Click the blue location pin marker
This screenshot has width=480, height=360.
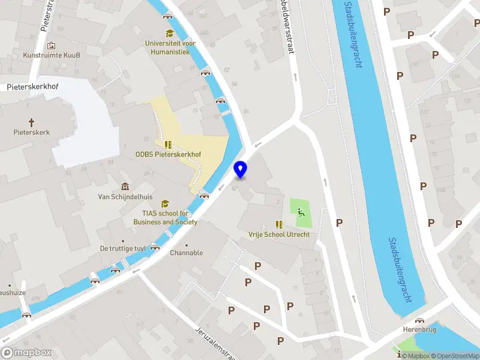tap(241, 170)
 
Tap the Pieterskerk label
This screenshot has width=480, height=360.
tap(32, 132)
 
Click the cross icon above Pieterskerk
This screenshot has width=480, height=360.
tap(32, 121)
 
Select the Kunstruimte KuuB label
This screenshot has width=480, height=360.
tap(51, 55)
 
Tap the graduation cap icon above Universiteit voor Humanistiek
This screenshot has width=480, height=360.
tap(169, 34)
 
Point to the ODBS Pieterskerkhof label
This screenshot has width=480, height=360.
tap(168, 154)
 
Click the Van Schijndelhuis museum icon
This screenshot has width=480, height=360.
tap(125, 187)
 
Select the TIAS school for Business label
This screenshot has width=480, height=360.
tap(166, 217)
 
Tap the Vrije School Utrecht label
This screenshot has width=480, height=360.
tap(279, 234)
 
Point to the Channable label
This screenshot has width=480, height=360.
tap(186, 253)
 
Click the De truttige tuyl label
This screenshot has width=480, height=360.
tap(123, 248)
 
